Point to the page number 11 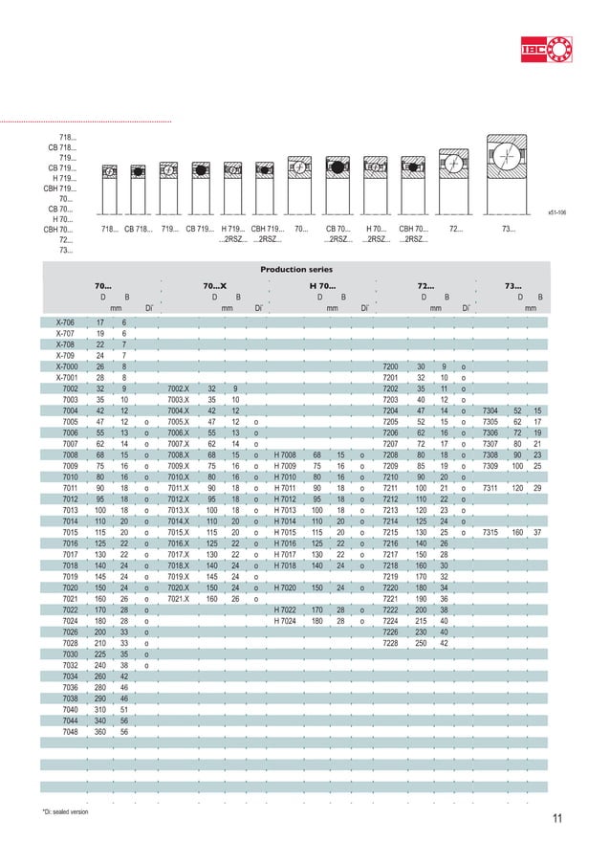point(558,817)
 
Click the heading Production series point(304,270)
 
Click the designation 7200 point(389,366)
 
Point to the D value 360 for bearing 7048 point(100,731)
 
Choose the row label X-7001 point(67,377)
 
